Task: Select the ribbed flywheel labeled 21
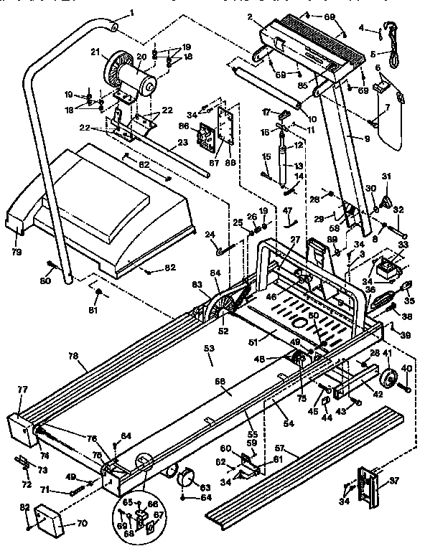tap(115, 71)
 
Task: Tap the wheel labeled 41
tap(388, 380)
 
